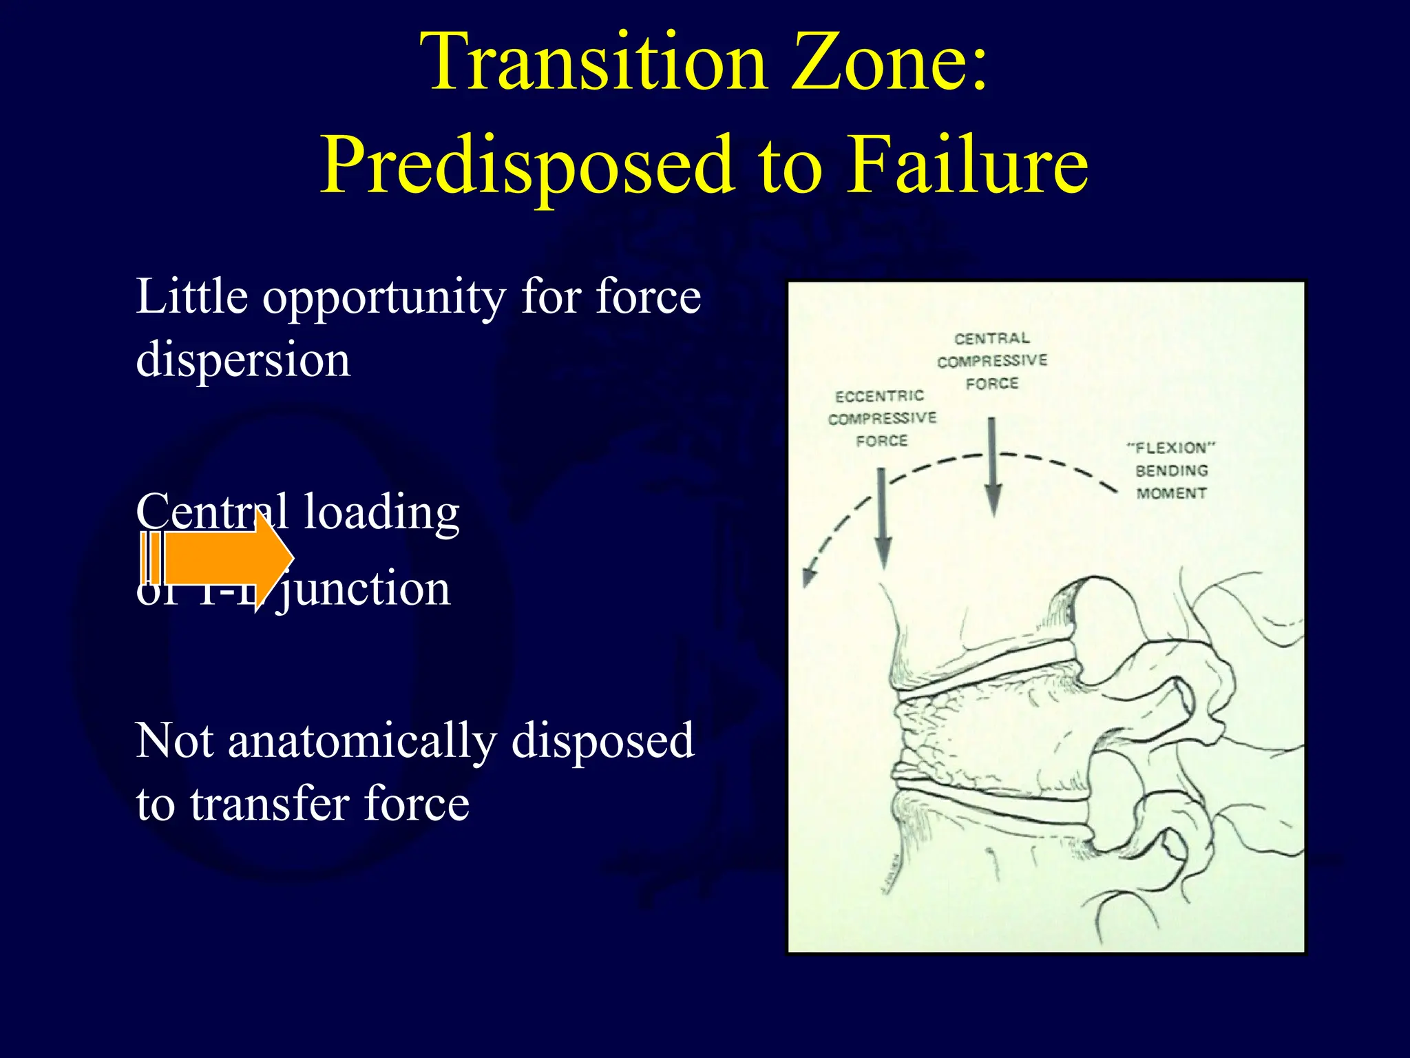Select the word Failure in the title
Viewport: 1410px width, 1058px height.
pyautogui.click(x=967, y=165)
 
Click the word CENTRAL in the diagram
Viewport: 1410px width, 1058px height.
pyautogui.click(x=992, y=338)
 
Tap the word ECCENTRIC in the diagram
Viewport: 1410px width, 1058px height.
pyautogui.click(x=879, y=396)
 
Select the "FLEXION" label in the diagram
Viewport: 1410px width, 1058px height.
pyautogui.click(x=1171, y=448)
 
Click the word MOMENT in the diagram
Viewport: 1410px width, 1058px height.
pyautogui.click(x=1171, y=493)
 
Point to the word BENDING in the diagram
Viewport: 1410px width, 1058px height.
pyautogui.click(x=1171, y=470)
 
